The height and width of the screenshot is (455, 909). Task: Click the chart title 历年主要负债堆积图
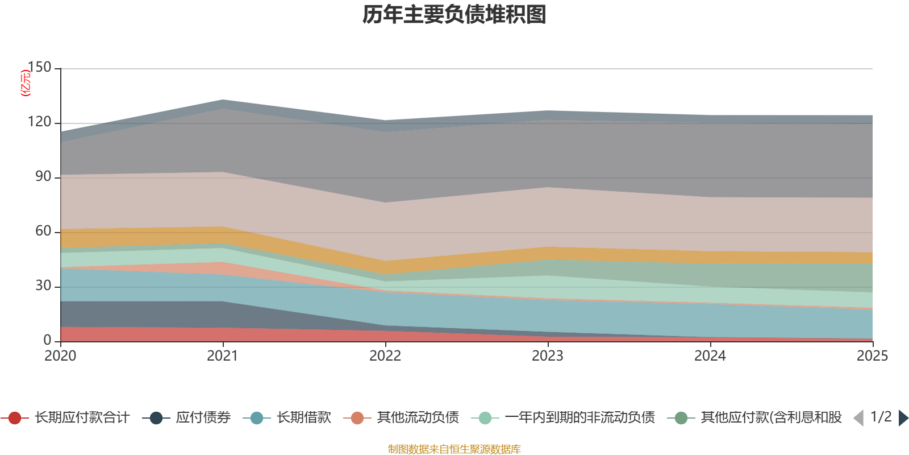(x=454, y=15)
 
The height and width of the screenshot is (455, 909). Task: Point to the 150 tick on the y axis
(x=39, y=67)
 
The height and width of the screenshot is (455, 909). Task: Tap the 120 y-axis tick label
(x=39, y=122)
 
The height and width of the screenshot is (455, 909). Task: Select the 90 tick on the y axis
(x=43, y=176)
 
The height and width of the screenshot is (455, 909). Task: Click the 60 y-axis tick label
(x=43, y=231)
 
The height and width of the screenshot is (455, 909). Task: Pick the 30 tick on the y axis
(x=43, y=286)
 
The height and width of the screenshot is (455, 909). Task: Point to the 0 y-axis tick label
(x=47, y=340)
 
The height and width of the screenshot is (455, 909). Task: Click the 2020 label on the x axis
(x=60, y=356)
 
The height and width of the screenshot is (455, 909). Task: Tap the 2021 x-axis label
(x=223, y=356)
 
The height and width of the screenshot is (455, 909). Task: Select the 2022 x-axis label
(x=385, y=356)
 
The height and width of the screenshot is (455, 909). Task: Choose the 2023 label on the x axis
(x=548, y=356)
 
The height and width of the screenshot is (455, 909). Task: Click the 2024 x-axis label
(x=710, y=356)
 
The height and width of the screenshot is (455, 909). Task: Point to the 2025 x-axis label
(x=872, y=356)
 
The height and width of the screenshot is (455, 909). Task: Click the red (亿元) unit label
(x=25, y=83)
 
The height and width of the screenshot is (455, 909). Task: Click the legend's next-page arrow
(x=903, y=418)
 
